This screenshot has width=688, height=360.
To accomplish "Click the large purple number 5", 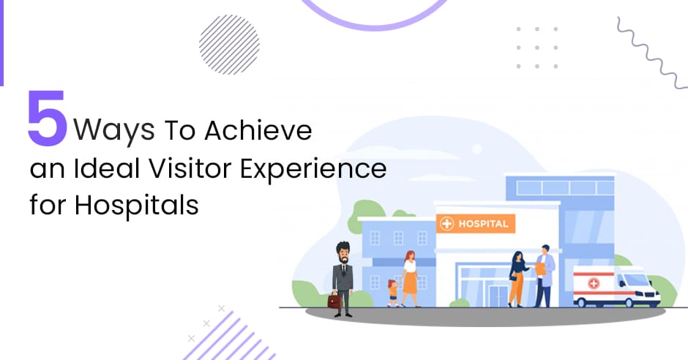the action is pos(48,118).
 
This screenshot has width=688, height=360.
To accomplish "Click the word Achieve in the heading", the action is pos(258,130).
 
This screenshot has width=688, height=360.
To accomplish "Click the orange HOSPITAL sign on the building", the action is pos(476,224).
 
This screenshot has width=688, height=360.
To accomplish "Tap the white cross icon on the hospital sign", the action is pos(446,224).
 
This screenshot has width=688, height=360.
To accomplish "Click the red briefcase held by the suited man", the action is pos(334,300).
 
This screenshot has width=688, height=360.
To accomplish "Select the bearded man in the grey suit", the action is pos(343,279).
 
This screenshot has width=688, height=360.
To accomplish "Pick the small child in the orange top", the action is pos(393,293).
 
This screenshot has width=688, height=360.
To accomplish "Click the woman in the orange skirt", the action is pos(411,279).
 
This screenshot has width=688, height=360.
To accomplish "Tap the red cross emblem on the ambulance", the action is pos(594,283).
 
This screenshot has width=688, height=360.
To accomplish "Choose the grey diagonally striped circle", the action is pos(229,45).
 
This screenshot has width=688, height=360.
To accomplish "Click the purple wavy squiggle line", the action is pos(649,53).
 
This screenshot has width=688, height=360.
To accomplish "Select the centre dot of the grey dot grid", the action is pos(537,48).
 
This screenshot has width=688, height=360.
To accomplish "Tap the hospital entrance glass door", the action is pos(498,296).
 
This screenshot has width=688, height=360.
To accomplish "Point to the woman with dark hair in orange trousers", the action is pos(517,279).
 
